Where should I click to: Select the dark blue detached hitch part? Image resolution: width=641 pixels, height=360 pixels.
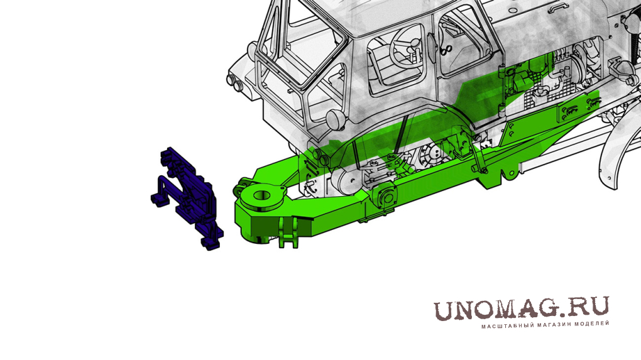click(x=187, y=198)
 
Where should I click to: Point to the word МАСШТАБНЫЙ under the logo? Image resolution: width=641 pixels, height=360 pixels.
click(x=505, y=326)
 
